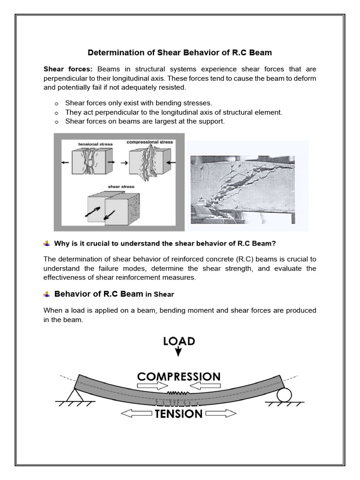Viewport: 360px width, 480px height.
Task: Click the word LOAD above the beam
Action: tap(179, 341)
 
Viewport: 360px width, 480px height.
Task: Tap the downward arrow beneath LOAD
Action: tap(179, 352)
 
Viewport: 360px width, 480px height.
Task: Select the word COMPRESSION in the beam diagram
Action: tap(179, 376)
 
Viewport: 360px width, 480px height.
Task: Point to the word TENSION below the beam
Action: tap(179, 413)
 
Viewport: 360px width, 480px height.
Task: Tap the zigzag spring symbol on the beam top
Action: tap(179, 392)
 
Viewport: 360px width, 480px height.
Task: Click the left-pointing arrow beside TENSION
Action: tap(136, 413)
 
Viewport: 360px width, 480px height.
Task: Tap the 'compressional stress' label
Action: tap(149, 142)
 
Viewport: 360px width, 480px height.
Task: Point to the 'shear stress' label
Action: tap(121, 187)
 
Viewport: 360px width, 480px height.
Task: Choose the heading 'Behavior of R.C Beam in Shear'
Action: tap(114, 294)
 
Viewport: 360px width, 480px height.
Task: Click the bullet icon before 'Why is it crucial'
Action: tap(46, 243)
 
